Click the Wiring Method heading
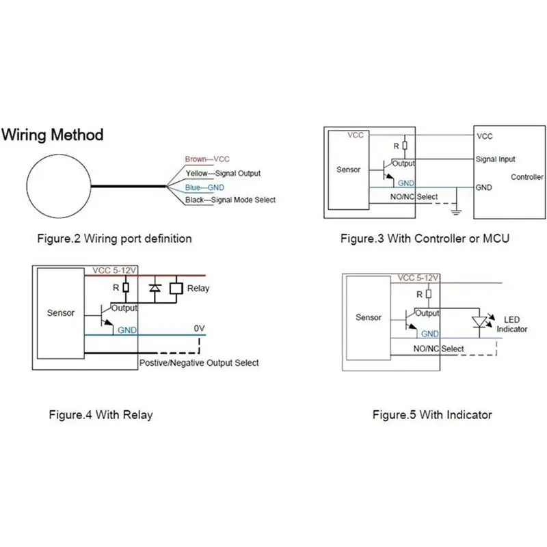click(x=53, y=135)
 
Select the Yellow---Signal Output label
click(x=223, y=173)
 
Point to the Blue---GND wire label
click(x=205, y=187)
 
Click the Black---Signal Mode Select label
click(x=230, y=200)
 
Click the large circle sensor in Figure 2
click(x=58, y=183)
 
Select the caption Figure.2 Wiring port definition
click(x=114, y=239)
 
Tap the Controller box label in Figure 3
click(x=527, y=177)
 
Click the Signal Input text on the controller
click(x=496, y=159)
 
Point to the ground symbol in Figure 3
click(x=457, y=210)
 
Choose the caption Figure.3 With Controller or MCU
click(x=425, y=239)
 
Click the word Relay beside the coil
click(x=199, y=289)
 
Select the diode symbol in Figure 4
click(x=155, y=289)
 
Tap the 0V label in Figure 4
click(x=200, y=328)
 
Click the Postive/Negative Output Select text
click(x=198, y=362)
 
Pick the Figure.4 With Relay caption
click(x=100, y=414)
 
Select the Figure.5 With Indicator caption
click(x=431, y=414)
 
